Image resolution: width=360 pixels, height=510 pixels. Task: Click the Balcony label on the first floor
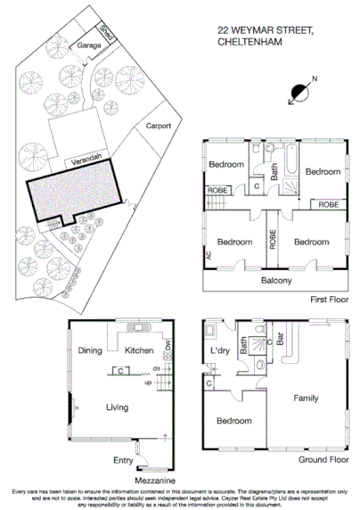pos(276,281)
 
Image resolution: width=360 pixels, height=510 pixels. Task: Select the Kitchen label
pos(140,350)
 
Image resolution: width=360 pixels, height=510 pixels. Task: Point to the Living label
pos(117,407)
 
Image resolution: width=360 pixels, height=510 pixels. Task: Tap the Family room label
pos(307,398)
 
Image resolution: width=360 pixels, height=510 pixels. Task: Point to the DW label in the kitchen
pos(167,345)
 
